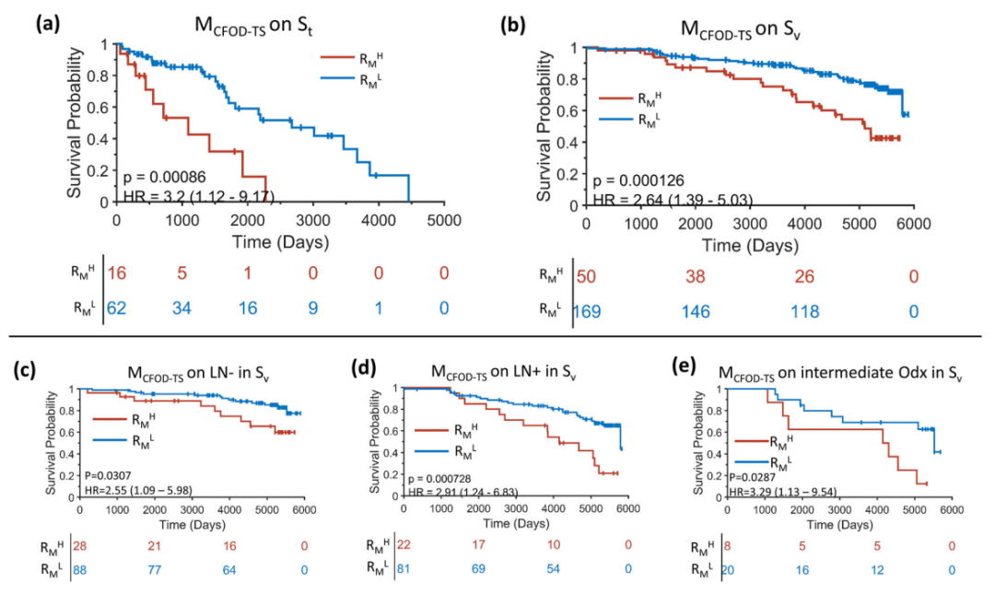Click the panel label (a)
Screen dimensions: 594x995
click(47, 25)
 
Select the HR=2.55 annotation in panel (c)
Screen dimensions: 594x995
click(137, 489)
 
